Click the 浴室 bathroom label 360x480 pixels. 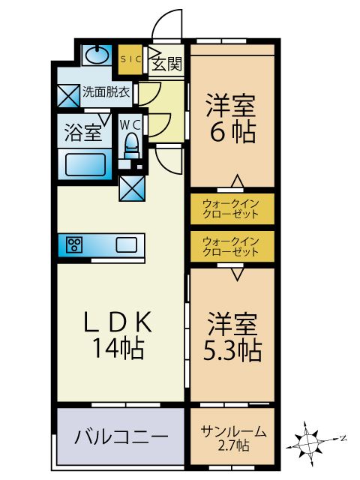[x=82, y=133]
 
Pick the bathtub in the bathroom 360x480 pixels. [x=87, y=164]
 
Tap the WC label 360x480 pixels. [x=132, y=121]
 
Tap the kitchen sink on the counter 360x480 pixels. [x=125, y=244]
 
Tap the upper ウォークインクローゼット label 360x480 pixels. [x=231, y=208]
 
